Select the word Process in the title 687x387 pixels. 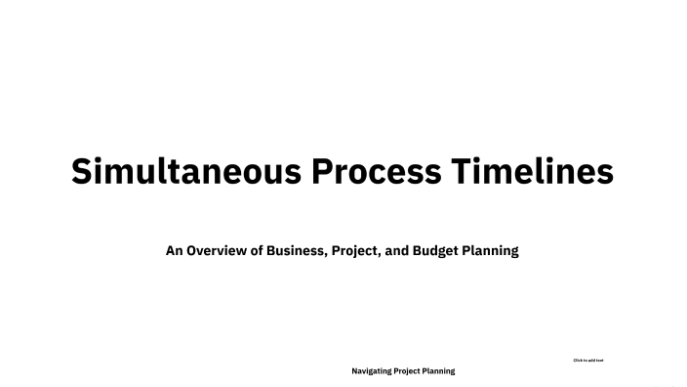click(x=376, y=172)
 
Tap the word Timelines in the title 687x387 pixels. click(x=532, y=172)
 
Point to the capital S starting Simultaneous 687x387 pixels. click(x=83, y=172)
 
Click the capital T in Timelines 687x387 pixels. click(x=460, y=172)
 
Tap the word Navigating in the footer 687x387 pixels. click(x=372, y=371)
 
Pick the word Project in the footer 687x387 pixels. click(x=410, y=371)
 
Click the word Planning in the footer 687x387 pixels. click(x=440, y=371)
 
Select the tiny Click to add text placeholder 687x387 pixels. click(x=587, y=361)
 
